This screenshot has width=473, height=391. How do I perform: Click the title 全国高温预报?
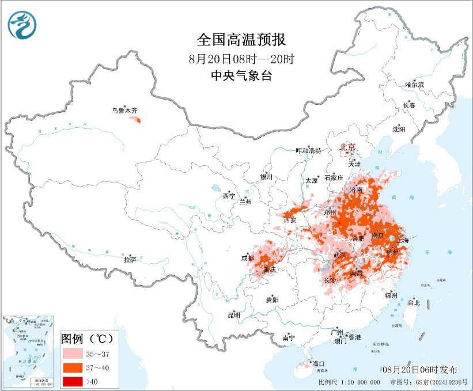click(241, 40)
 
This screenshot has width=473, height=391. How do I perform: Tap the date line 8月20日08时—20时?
click(241, 59)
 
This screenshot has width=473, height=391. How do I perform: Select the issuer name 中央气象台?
click(241, 76)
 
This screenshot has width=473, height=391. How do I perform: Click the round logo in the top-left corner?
click(22, 25)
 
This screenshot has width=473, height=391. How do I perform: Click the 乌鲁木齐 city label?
click(124, 111)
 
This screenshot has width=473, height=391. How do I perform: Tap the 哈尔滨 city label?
click(414, 85)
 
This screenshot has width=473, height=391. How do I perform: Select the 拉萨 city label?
click(130, 260)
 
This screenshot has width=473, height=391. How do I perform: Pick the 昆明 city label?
click(233, 314)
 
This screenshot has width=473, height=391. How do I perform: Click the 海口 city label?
click(319, 363)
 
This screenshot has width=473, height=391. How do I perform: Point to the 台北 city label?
click(414, 302)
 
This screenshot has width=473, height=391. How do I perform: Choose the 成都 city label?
click(248, 259)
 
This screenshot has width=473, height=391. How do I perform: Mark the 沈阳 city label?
click(399, 129)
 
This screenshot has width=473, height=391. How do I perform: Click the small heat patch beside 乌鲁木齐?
click(136, 120)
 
